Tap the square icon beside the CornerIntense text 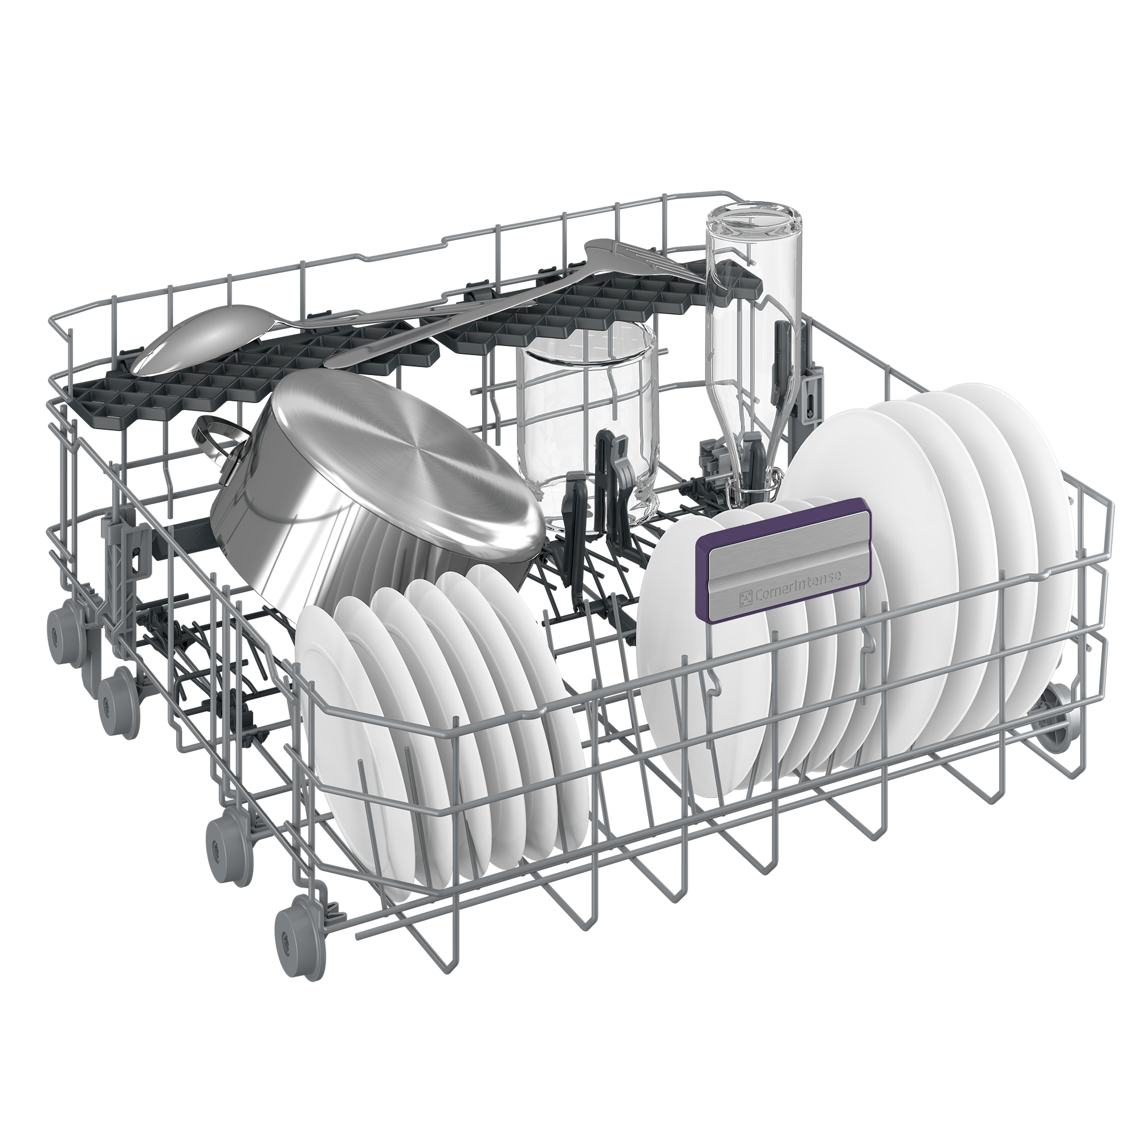[x=746, y=600]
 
